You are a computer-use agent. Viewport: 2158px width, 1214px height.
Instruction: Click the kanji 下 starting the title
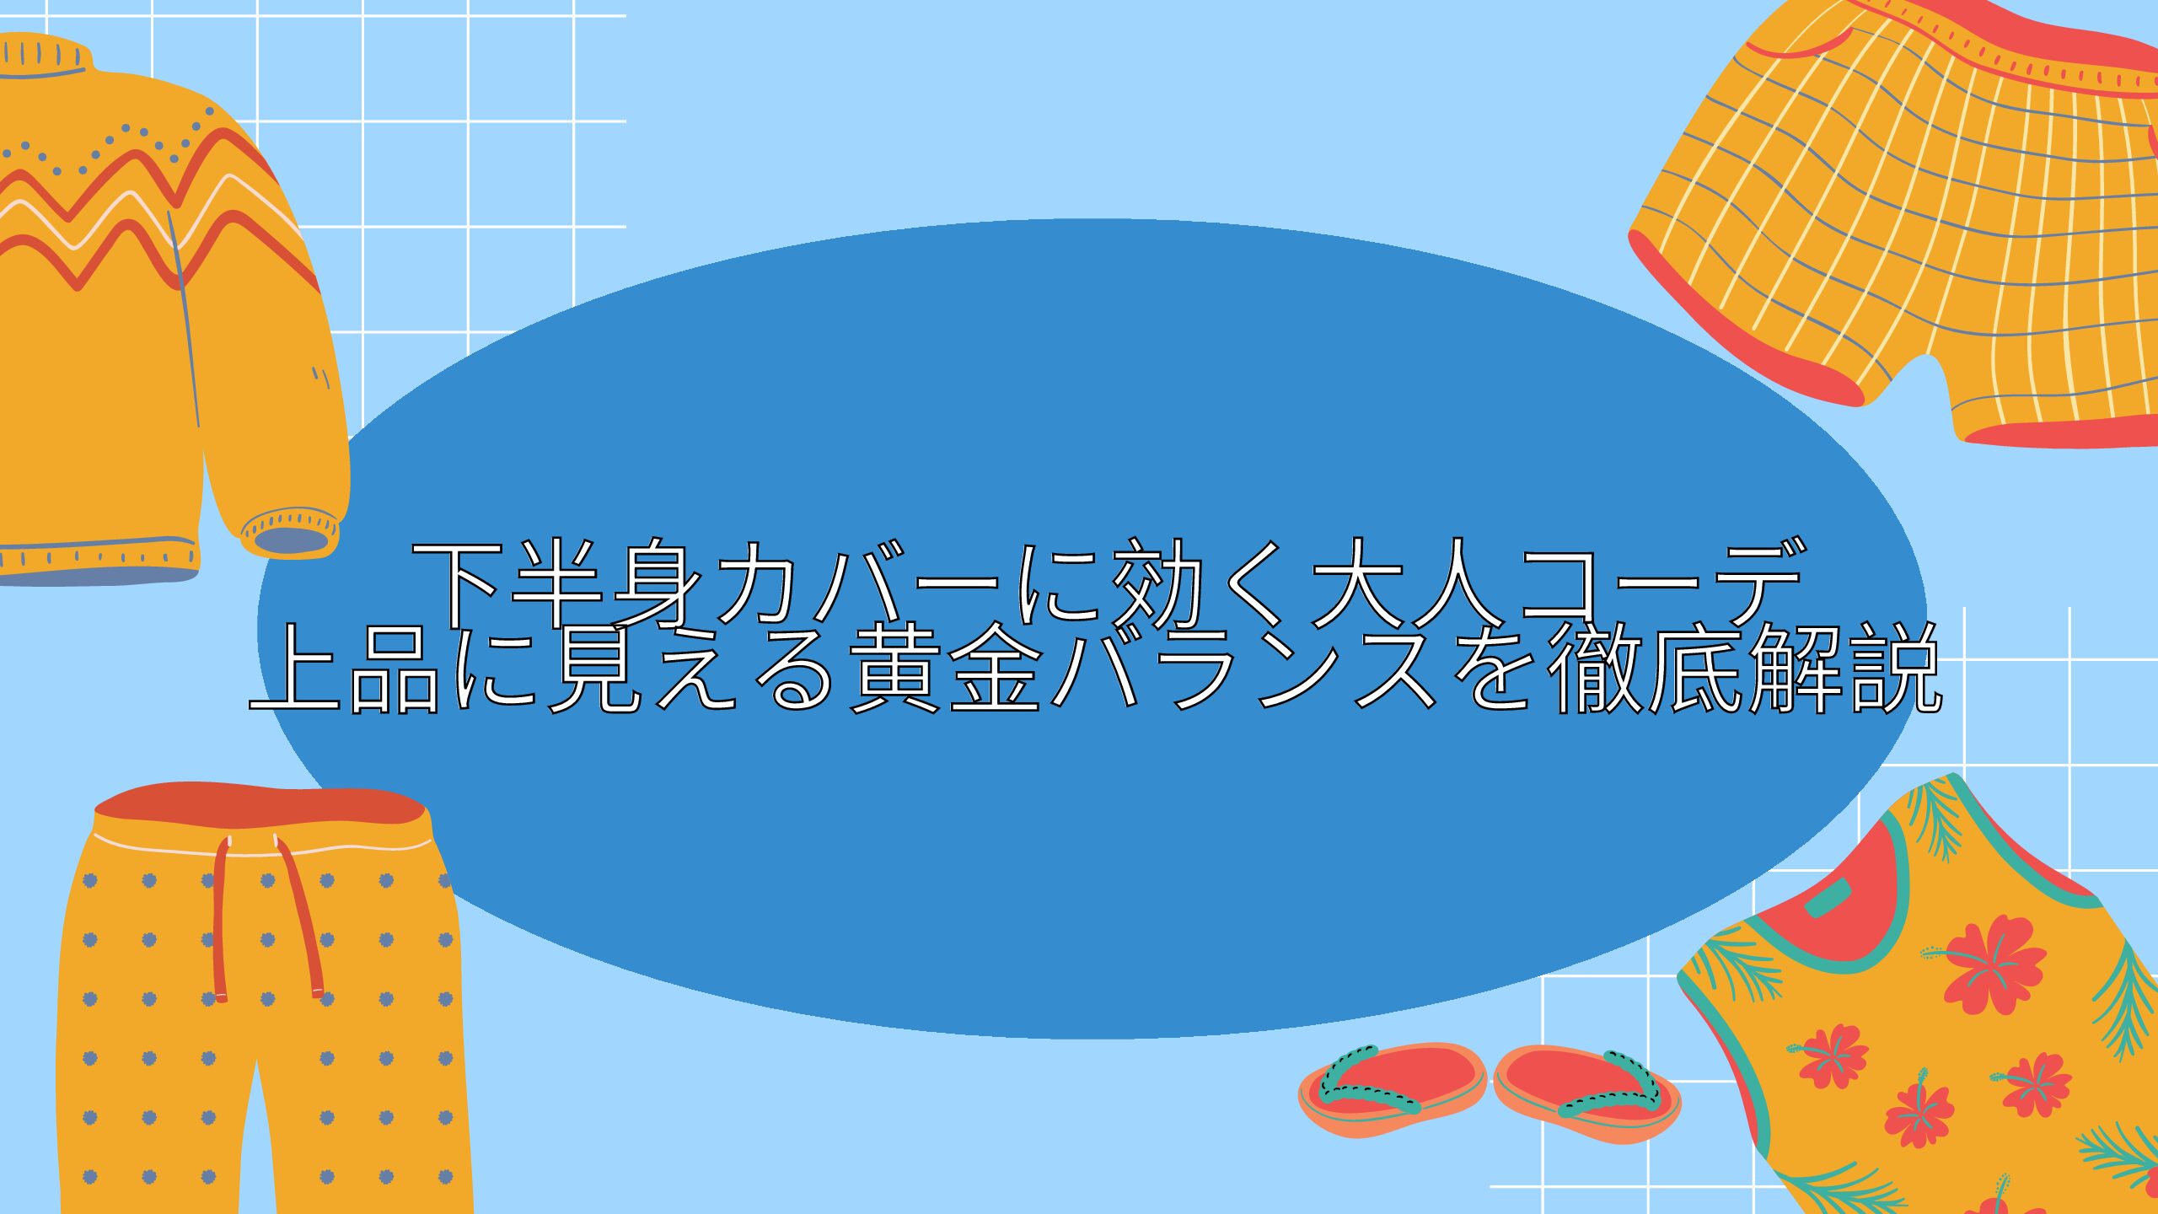pyautogui.click(x=459, y=583)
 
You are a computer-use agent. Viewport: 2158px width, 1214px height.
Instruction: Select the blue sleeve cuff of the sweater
pyautogui.click(x=291, y=540)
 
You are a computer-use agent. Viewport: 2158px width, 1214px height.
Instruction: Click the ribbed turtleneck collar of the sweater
pyautogui.click(x=42, y=56)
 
